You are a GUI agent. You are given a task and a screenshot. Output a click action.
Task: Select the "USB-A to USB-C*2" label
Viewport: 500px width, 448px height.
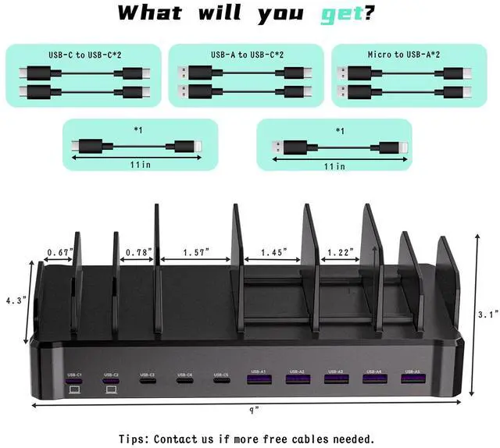(247, 55)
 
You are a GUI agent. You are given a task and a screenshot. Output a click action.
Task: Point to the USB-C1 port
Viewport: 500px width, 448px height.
(74, 379)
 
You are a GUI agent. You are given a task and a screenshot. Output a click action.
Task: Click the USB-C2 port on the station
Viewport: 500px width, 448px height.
(110, 379)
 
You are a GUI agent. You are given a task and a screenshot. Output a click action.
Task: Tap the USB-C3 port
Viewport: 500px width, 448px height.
(147, 379)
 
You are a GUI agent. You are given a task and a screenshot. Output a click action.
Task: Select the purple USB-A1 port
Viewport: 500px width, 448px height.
(258, 379)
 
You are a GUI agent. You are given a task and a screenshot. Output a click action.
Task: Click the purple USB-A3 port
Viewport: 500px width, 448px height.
(335, 379)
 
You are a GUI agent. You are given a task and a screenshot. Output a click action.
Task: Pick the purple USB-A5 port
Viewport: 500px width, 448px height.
(412, 379)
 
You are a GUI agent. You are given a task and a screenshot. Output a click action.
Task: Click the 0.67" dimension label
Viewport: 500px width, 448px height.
(59, 252)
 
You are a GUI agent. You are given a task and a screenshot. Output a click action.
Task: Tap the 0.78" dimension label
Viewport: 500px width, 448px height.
(138, 252)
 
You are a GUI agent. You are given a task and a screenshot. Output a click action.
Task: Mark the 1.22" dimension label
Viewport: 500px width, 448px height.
(340, 252)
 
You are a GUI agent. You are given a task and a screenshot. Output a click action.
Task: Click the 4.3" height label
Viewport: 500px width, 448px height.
(16, 300)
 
